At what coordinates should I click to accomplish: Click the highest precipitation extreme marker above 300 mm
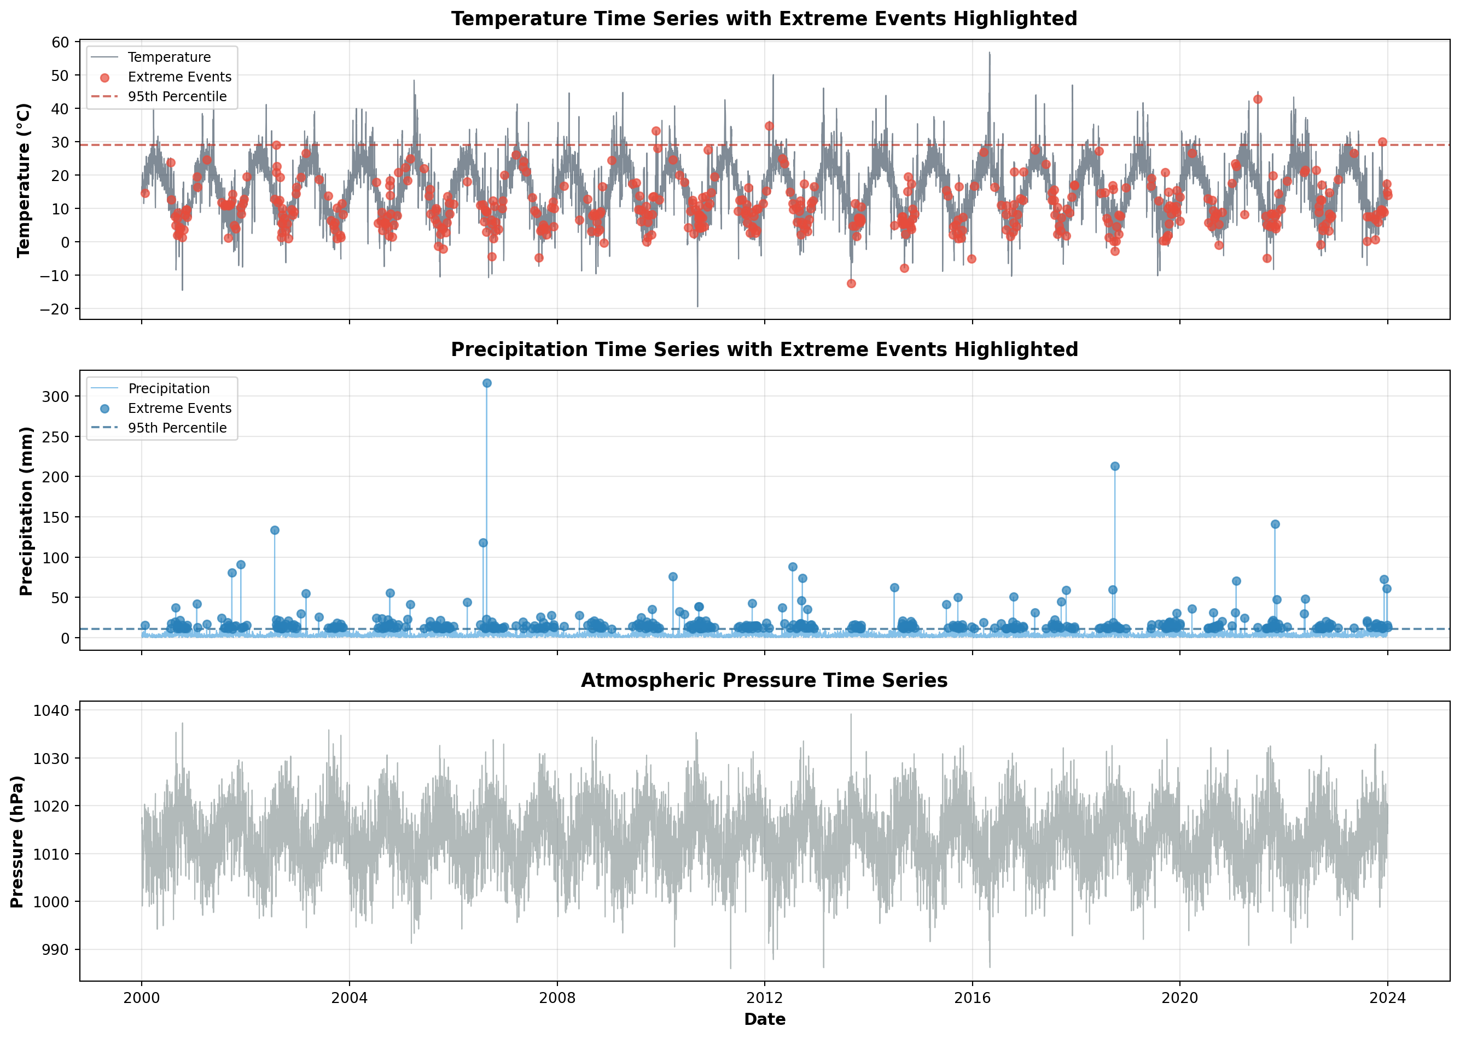click(486, 383)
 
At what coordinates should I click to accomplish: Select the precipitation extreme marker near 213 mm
click(1115, 466)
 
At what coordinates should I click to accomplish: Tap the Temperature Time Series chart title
click(764, 19)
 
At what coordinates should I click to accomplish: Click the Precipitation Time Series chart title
click(764, 349)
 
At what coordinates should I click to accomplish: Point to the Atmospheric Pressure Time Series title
click(764, 680)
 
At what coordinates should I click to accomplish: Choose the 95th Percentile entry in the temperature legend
click(177, 96)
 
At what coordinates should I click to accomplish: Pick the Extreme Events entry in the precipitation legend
click(179, 408)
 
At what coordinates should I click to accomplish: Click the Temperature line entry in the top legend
click(169, 57)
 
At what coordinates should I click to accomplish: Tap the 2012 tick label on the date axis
click(765, 997)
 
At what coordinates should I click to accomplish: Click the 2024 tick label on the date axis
click(1387, 997)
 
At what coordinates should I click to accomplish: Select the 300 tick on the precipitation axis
click(56, 396)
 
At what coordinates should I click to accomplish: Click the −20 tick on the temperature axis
click(54, 308)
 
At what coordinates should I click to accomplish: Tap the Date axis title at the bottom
click(765, 1019)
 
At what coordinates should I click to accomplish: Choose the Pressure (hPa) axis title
click(18, 841)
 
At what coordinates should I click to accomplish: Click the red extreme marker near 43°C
click(1258, 99)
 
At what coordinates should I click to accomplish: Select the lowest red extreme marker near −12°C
click(851, 283)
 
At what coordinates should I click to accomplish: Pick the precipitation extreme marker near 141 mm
click(1275, 524)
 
